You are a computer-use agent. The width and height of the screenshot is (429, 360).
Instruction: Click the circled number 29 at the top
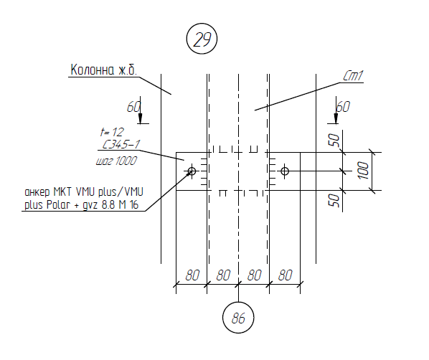[x=202, y=39]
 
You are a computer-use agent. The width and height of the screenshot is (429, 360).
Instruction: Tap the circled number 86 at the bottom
[x=238, y=318]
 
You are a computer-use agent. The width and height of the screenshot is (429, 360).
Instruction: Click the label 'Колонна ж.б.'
[x=103, y=70]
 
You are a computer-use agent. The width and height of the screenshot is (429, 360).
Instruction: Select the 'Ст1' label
[x=354, y=76]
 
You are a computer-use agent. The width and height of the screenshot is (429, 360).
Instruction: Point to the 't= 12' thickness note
[x=112, y=132]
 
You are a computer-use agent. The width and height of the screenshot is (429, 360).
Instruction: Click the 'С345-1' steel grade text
[x=121, y=144]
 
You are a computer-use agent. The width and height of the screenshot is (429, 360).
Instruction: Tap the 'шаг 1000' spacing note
[x=116, y=161]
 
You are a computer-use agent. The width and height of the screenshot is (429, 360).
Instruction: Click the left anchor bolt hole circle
[x=192, y=171]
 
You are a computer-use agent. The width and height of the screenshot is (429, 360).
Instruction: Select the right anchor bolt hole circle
[x=285, y=171]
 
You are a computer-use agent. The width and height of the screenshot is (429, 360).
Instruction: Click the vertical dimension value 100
[x=363, y=171]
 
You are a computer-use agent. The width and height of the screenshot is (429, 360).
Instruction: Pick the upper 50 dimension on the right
[x=334, y=140]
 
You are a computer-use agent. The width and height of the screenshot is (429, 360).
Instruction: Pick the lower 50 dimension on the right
[x=334, y=200]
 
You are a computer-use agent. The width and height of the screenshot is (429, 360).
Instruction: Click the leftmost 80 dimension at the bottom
[x=192, y=275]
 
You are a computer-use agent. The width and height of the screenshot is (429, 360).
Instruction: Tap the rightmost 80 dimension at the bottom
[x=286, y=275]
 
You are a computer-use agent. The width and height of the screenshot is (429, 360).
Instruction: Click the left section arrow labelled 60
[x=140, y=110]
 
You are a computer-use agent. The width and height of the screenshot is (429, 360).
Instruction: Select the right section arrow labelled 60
[x=336, y=110]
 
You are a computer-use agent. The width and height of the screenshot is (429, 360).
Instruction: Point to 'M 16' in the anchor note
[x=128, y=204]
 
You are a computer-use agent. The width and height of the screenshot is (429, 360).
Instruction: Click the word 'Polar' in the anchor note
[x=58, y=204]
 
